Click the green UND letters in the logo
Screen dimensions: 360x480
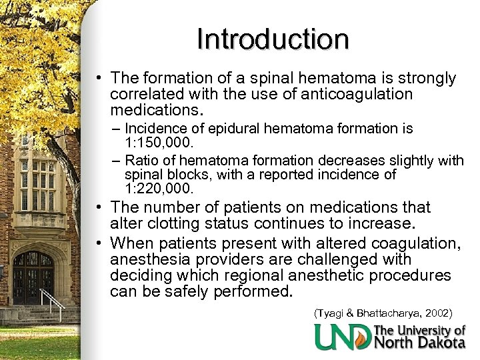[343, 337]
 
